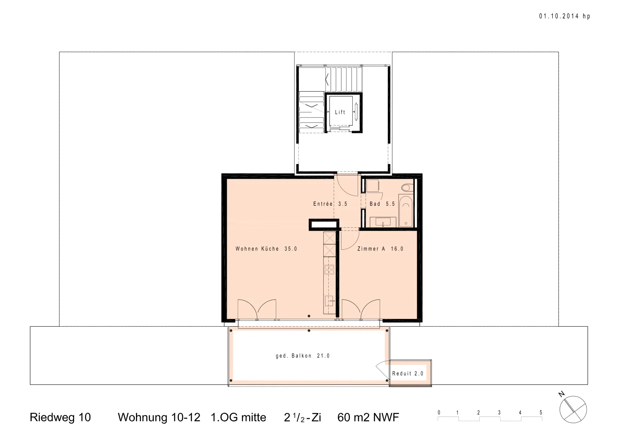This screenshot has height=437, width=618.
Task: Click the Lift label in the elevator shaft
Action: [x=340, y=112]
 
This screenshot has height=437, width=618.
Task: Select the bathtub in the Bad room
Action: [x=406, y=211]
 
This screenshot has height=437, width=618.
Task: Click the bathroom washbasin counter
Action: [x=383, y=222]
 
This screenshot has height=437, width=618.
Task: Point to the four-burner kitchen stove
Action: [x=329, y=269]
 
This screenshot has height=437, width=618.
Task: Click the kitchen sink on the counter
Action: [x=329, y=301]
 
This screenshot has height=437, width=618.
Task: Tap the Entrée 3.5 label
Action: [x=330, y=204]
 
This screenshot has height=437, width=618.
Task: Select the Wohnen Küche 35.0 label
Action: [x=266, y=249]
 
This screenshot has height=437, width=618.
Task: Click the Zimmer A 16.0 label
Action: [x=380, y=249]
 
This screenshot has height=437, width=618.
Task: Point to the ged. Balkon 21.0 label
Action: [x=303, y=356]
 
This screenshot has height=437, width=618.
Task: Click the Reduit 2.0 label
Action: [x=407, y=374]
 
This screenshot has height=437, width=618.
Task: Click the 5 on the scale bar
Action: [x=541, y=413]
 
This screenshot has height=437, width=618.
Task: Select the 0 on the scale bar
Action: [x=439, y=413]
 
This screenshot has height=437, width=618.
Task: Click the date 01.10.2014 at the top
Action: [x=559, y=16]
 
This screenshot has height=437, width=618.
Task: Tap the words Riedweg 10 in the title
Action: [x=60, y=417]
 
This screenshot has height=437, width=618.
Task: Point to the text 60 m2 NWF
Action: [x=368, y=417]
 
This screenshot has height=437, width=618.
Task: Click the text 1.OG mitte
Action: [x=238, y=417]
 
